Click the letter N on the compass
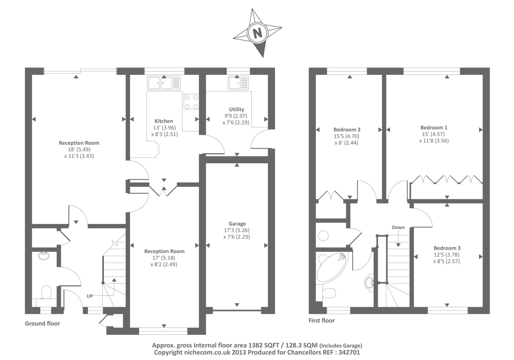(257, 33)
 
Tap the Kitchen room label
(164, 121)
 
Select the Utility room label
(236, 109)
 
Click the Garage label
(237, 224)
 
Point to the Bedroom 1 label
(434, 127)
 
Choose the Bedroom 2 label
(347, 130)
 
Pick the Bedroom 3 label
(447, 248)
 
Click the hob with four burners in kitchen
(191, 102)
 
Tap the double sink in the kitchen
(164, 83)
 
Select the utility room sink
(238, 83)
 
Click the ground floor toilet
(46, 292)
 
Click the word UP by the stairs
(90, 296)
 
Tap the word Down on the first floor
(398, 227)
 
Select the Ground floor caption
(42, 323)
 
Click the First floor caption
(322, 320)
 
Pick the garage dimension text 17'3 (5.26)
(236, 230)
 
